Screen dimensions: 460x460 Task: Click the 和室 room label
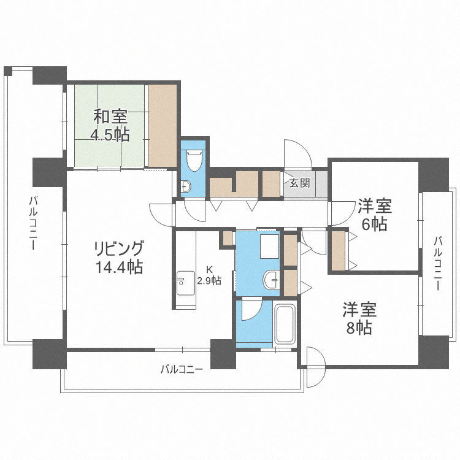tap(110, 115)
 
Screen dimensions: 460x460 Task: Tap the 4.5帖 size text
tap(110, 134)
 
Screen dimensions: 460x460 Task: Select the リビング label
tap(118, 248)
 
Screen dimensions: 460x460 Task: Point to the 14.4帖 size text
tap(118, 267)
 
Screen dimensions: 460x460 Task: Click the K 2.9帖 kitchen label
tap(209, 275)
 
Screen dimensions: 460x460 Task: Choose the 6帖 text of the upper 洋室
tap(374, 224)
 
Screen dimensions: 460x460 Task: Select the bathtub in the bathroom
tap(285, 324)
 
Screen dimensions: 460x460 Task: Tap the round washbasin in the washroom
tap(270, 281)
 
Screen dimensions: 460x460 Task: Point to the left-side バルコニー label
tap(33, 222)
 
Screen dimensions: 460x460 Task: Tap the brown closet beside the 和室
tap(163, 125)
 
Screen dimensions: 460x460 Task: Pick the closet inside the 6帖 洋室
tap(339, 250)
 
